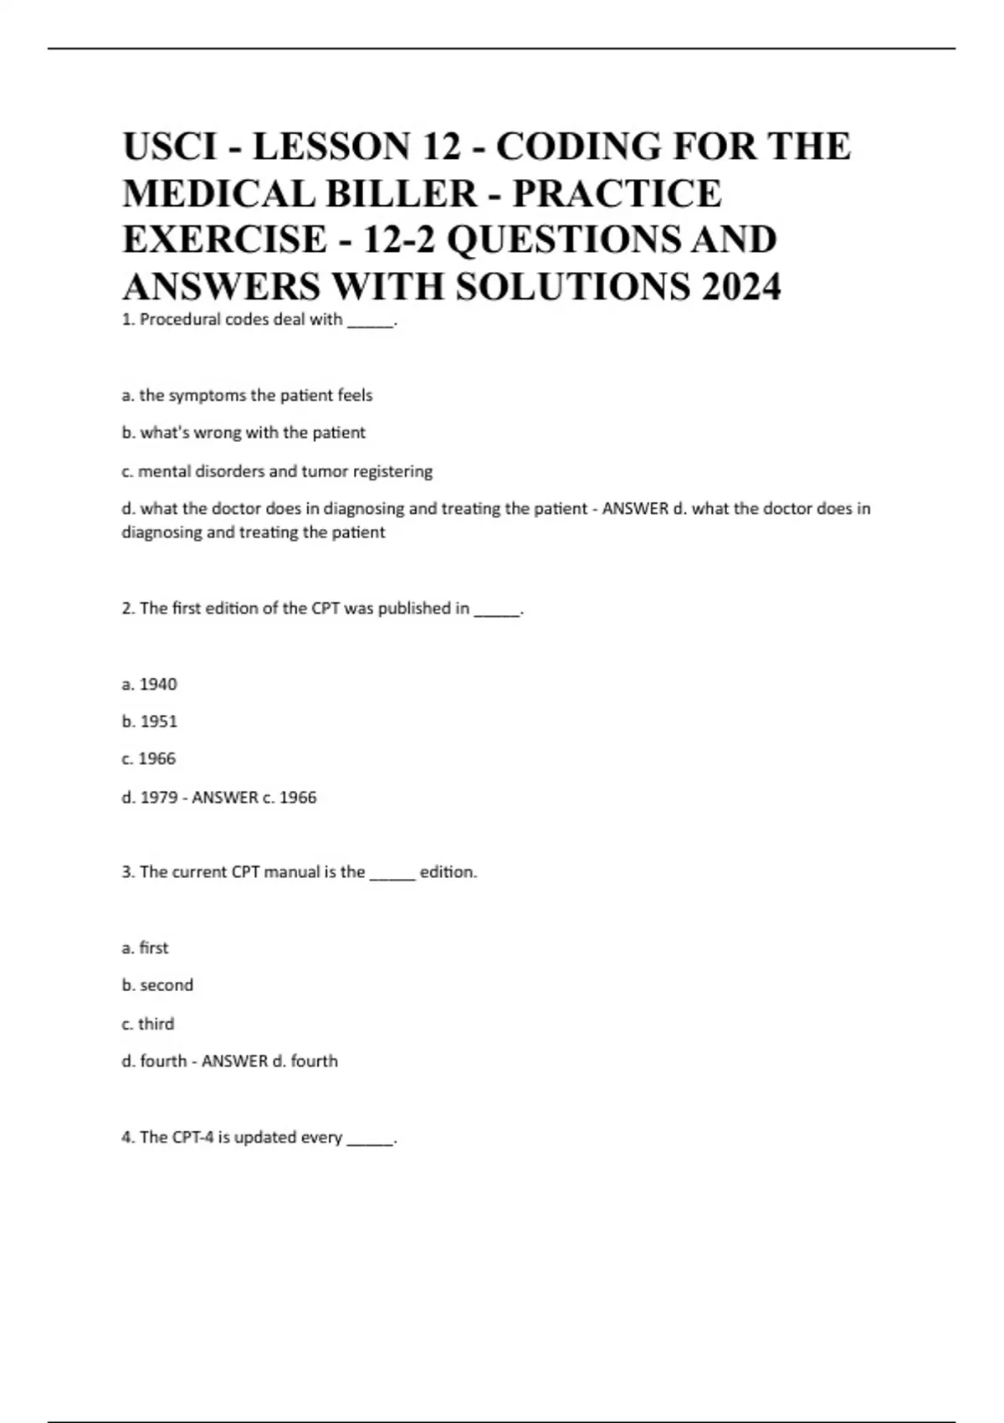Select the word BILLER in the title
point(401,194)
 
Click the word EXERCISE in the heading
point(225,240)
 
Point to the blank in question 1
point(369,322)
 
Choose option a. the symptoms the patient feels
point(247,395)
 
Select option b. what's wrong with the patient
point(243,433)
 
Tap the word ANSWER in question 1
point(635,508)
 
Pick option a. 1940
point(150,685)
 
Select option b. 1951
point(150,722)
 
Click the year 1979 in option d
point(158,798)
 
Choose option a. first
point(145,948)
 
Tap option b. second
point(157,985)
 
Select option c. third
point(148,1024)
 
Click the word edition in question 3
point(448,872)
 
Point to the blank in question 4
point(369,1141)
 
